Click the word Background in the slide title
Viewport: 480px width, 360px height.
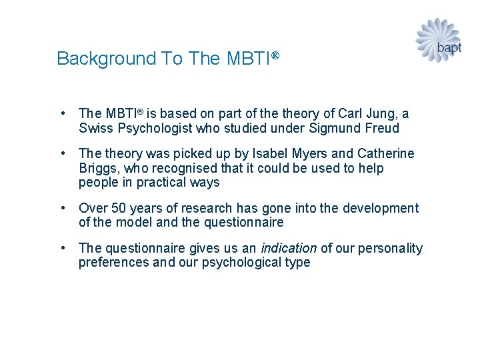pyautogui.click(x=107, y=59)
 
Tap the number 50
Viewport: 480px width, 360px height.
pyautogui.click(x=119, y=209)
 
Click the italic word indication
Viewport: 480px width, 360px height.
pyautogui.click(x=289, y=249)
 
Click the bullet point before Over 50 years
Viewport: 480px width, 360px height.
pyautogui.click(x=61, y=209)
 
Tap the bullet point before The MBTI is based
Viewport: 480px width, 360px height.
pyautogui.click(x=61, y=114)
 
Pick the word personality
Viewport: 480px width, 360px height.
pyautogui.click(x=390, y=249)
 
